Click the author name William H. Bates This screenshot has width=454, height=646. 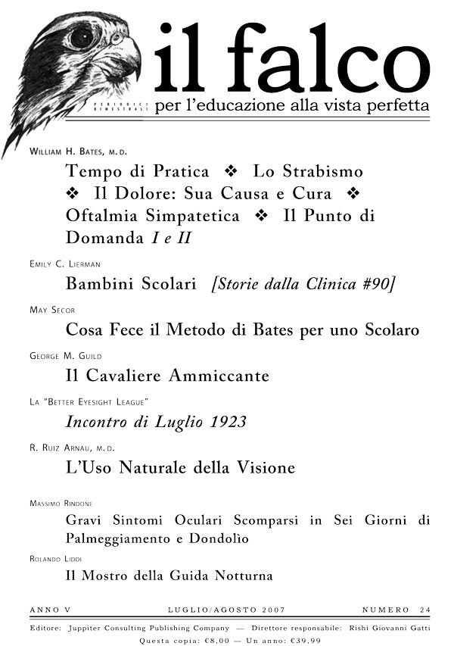(79, 152)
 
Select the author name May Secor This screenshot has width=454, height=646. (52, 311)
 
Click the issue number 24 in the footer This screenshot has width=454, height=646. (426, 610)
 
